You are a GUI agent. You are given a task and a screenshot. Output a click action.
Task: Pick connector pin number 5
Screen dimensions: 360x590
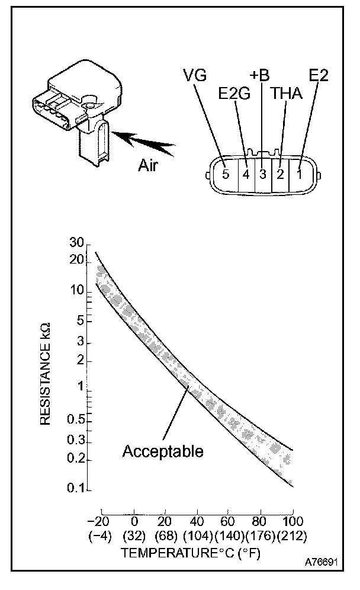pos(225,175)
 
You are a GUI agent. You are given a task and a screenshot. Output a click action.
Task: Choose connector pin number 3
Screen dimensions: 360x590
pos(262,175)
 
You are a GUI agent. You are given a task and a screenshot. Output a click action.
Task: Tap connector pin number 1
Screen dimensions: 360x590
pos(300,175)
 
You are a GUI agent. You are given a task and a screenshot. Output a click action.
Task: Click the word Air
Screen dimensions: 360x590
pos(150,165)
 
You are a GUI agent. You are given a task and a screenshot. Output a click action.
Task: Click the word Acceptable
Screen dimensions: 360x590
pos(163,451)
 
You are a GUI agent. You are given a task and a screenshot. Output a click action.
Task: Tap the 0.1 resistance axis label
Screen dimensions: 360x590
pos(78,490)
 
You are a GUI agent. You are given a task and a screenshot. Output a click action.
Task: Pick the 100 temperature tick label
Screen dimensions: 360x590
pos(293,521)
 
